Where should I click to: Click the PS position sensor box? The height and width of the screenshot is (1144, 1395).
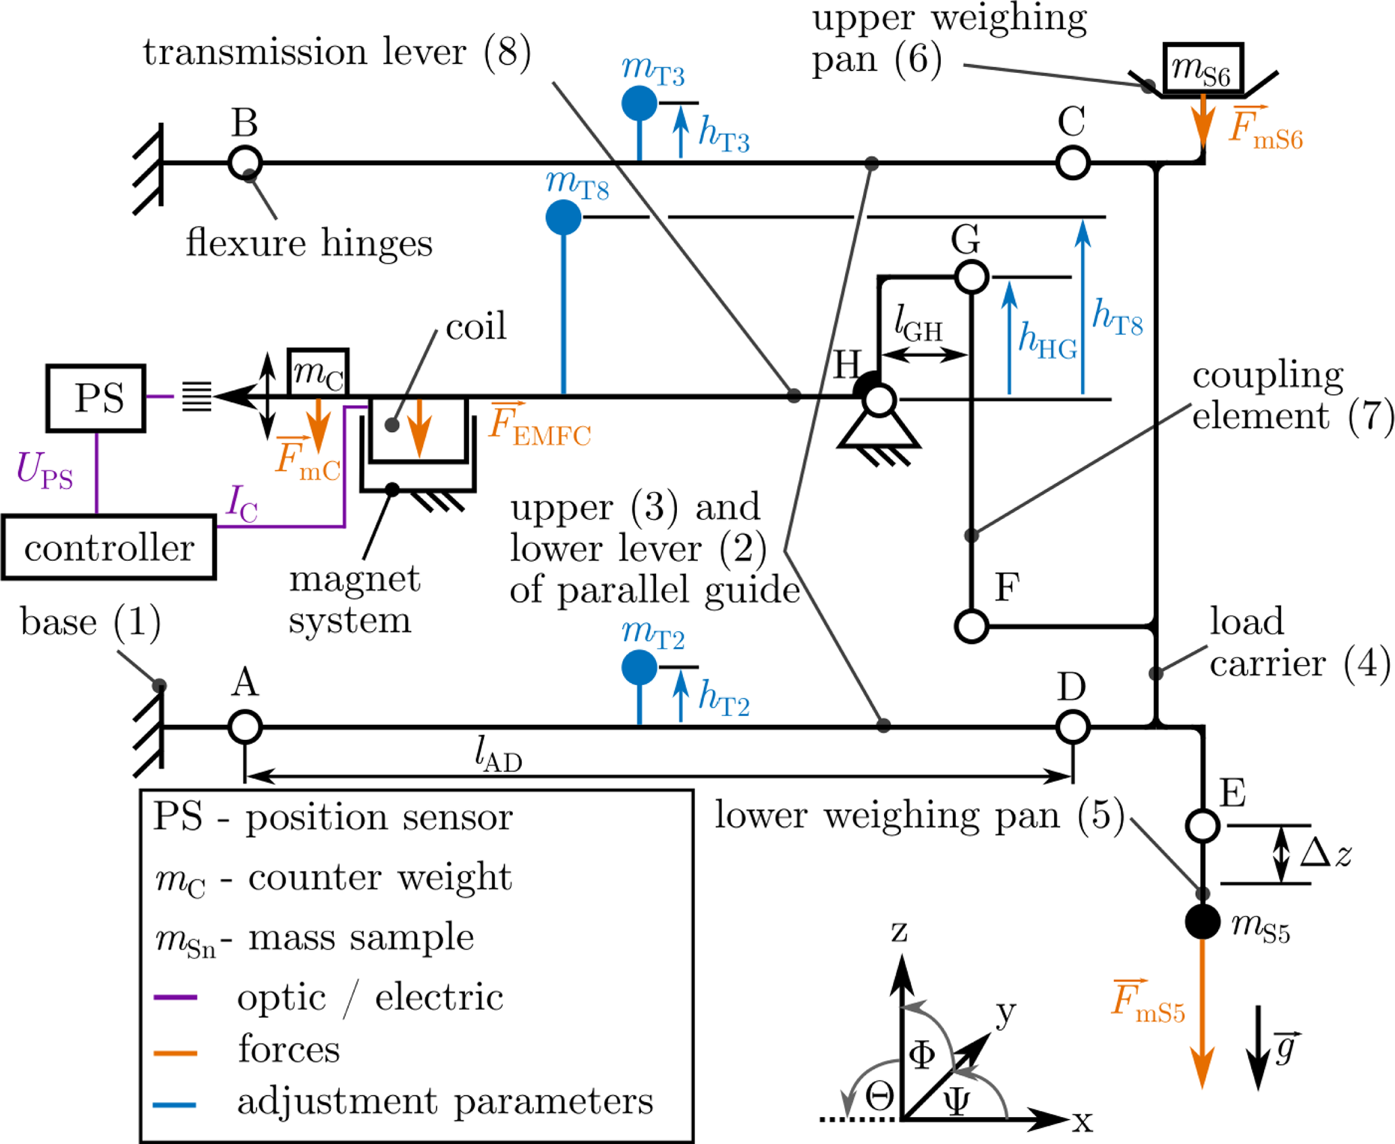click(96, 398)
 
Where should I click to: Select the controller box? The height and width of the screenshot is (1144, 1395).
click(109, 547)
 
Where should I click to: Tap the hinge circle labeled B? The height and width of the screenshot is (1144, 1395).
click(245, 163)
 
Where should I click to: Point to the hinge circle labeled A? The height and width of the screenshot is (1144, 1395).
click(245, 727)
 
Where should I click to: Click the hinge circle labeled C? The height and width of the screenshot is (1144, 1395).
click(1072, 163)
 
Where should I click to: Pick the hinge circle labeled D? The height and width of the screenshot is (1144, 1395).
click(1072, 727)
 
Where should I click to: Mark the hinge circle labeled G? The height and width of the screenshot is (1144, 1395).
click(971, 277)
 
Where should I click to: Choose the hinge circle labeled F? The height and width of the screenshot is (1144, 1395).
click(971, 626)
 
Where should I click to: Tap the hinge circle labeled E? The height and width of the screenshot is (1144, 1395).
click(1203, 825)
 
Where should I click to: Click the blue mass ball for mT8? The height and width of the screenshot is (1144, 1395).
click(564, 217)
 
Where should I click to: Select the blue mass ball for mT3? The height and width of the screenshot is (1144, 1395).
click(639, 103)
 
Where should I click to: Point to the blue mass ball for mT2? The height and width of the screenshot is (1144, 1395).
click(639, 668)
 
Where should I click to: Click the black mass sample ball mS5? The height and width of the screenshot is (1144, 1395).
click(1203, 922)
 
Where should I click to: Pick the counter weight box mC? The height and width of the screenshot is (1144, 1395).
click(318, 372)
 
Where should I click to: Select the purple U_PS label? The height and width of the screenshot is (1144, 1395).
click(45, 470)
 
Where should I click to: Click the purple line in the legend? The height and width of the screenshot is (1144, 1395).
click(175, 997)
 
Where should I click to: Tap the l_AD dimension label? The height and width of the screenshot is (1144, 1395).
click(498, 754)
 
